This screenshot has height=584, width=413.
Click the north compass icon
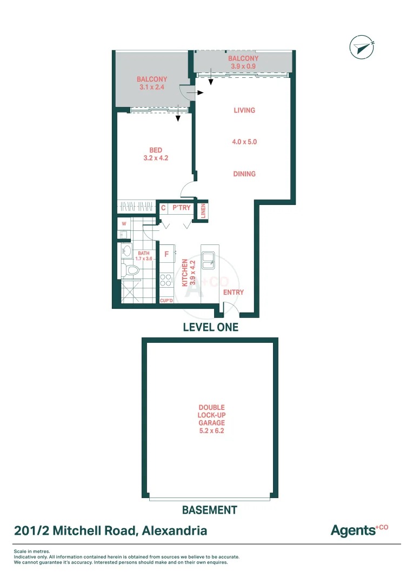(362, 48)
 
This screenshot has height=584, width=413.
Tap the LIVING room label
(244, 110)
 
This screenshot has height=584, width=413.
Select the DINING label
(244, 174)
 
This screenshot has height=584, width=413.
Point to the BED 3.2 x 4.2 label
(156, 155)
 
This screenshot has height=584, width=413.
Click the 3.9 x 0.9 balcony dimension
(243, 67)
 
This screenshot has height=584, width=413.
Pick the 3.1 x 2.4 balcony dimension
(151, 87)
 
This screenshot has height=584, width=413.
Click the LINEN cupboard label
(204, 210)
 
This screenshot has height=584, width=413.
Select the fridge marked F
(166, 254)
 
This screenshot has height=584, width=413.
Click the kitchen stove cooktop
(166, 280)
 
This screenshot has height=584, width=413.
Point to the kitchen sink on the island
(209, 261)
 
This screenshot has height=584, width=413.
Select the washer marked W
(124, 223)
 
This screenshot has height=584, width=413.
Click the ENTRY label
(234, 293)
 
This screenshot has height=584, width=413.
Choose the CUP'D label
(166, 300)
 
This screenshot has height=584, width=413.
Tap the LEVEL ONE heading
(210, 327)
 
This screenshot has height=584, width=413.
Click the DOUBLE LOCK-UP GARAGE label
(211, 419)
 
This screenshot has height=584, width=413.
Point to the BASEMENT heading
(209, 510)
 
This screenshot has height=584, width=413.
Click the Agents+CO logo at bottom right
(359, 530)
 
